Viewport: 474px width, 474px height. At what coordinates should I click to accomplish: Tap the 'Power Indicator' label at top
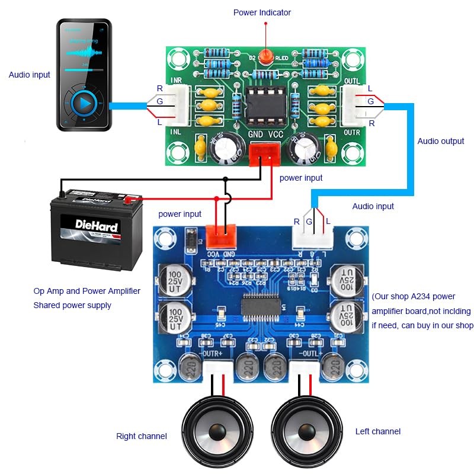coord(262,12)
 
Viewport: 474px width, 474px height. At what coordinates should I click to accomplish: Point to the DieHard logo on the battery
coord(97,225)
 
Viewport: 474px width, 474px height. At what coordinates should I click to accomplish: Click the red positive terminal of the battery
coord(127,200)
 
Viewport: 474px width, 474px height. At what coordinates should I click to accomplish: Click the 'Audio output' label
coord(441,141)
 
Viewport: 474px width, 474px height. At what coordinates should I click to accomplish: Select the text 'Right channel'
coord(141,436)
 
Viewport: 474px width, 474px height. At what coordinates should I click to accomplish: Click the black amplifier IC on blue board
coord(261,307)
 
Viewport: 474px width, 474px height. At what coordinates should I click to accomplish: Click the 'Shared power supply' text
coord(72,305)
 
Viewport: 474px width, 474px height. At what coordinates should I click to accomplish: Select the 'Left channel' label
coord(377,431)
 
